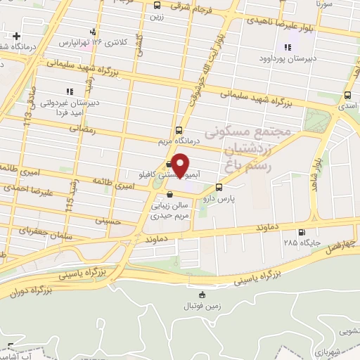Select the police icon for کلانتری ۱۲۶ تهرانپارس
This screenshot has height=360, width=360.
93,32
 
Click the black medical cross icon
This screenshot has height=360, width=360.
16,35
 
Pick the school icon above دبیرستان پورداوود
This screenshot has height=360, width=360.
287,48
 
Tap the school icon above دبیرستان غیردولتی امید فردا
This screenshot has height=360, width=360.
69,91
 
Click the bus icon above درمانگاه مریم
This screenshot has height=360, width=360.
179,129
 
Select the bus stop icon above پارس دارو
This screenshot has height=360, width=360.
219,187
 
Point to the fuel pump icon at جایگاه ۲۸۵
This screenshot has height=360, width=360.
302,232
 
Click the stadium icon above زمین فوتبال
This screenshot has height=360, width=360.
203,294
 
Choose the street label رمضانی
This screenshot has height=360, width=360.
82,129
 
